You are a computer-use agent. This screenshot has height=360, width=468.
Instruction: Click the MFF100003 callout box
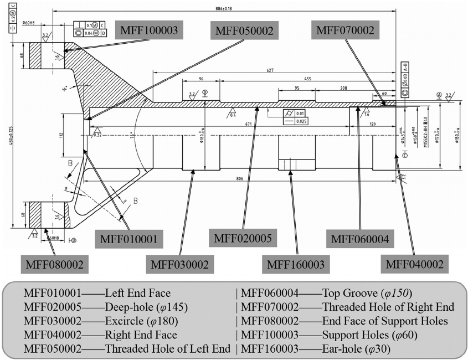[x=150, y=30]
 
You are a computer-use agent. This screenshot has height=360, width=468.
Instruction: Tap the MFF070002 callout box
[x=345, y=30]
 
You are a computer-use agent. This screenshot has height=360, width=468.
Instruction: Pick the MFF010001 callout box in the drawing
[x=130, y=240]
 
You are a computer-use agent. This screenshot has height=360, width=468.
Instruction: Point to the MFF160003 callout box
[x=296, y=264]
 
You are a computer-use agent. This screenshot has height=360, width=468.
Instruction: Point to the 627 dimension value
[x=270, y=70]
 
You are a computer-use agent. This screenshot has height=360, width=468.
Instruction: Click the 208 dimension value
[x=344, y=88]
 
